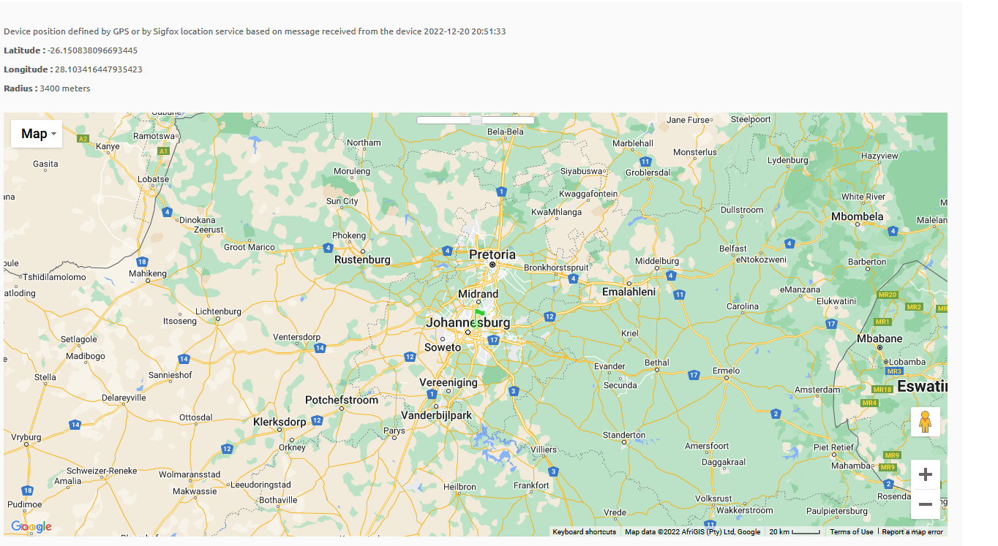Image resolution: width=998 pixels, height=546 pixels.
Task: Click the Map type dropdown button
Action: point(37,134)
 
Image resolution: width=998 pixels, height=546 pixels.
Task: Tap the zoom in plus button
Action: point(925,474)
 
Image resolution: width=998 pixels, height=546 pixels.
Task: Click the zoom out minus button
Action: point(925,504)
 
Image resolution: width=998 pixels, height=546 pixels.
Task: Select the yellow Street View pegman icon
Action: point(925,422)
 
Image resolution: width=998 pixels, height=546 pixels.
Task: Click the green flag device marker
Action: point(479,316)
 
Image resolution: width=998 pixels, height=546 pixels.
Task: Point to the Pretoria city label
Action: point(492,254)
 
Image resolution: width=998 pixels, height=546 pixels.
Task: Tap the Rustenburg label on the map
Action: point(362,259)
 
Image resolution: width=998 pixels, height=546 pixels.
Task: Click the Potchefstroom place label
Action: point(342,400)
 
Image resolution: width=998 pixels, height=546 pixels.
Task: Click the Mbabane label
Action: point(879,338)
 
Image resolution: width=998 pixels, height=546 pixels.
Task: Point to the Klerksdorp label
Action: point(279,422)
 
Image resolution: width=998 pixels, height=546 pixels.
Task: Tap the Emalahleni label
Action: point(629,292)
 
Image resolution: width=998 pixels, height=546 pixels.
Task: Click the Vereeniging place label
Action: point(448,382)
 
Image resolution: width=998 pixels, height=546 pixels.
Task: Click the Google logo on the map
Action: point(31,526)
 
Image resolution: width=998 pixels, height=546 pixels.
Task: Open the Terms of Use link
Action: point(851,532)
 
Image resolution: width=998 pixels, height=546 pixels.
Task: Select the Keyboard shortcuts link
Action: point(584,532)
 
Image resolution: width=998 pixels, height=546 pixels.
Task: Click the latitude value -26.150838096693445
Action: point(92,50)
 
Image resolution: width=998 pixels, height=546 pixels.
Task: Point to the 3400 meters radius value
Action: point(65,88)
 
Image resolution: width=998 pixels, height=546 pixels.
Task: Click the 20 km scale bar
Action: point(795,532)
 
